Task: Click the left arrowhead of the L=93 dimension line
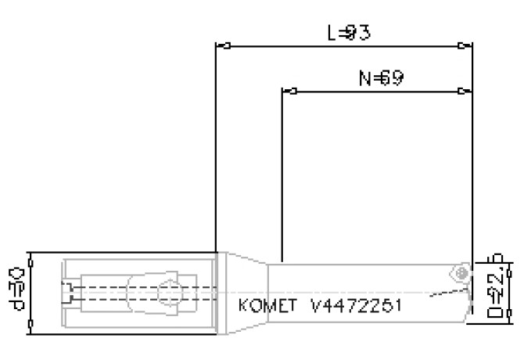[x=221, y=46]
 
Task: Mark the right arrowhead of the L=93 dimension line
[x=467, y=46]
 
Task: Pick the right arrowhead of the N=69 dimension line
[x=467, y=92]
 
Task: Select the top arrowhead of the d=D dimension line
[x=30, y=257]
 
